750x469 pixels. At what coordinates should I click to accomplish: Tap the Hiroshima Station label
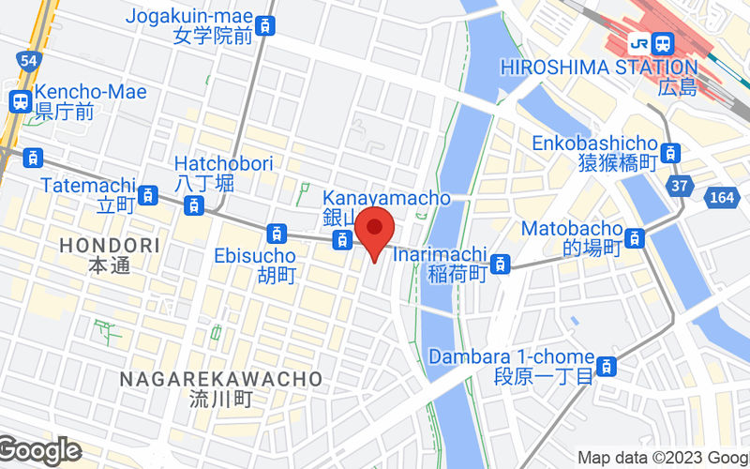point(599,68)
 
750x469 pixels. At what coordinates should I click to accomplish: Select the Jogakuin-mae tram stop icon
point(267,26)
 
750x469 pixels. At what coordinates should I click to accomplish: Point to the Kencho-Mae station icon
point(21,100)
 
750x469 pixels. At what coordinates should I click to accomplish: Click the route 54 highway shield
point(28,60)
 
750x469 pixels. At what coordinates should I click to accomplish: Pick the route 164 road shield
point(722,198)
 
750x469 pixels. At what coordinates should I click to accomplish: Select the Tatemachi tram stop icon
point(147,195)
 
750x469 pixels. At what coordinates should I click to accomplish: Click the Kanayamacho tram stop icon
point(343,241)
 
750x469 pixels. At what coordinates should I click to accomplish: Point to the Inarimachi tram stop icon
point(502,264)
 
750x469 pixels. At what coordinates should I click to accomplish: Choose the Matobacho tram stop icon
point(636,238)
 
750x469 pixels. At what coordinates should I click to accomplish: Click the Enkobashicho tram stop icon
point(669,152)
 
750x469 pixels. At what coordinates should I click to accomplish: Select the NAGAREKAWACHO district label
point(221,379)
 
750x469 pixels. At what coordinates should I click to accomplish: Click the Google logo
point(39,451)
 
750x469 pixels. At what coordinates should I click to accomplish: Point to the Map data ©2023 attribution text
point(662,458)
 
